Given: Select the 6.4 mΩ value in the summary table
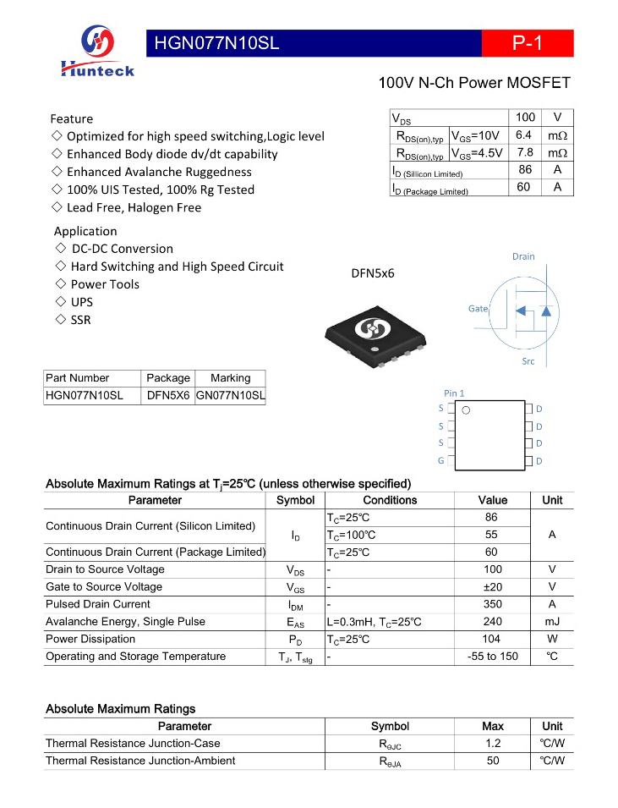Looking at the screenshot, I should pyautogui.click(x=523, y=135).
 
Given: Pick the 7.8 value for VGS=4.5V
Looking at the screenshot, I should pyautogui.click(x=524, y=153).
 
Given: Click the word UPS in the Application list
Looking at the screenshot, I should pyautogui.click(x=82, y=302).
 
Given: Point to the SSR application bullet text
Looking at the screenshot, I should pyautogui.click(x=81, y=320).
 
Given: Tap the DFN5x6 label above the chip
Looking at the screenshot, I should pyautogui.click(x=373, y=273).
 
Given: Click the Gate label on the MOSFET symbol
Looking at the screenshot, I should pyautogui.click(x=479, y=309).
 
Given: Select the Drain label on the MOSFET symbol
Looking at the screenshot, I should pyautogui.click(x=523, y=256).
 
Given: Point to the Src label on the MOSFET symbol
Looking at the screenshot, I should pyautogui.click(x=528, y=361).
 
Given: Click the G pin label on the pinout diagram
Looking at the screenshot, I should pyautogui.click(x=440, y=460).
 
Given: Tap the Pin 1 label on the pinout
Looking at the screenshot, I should pyautogui.click(x=454, y=393).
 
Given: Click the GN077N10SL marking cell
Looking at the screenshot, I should pyautogui.click(x=230, y=395).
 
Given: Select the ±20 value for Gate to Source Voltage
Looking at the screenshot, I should pyautogui.click(x=493, y=587).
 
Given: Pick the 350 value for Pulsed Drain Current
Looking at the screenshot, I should pyautogui.click(x=493, y=604).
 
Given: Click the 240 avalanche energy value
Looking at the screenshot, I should pyautogui.click(x=493, y=622).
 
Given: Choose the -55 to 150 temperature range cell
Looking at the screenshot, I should pyautogui.click(x=493, y=657).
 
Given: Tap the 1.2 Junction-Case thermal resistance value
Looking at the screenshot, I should pyautogui.click(x=493, y=744).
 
